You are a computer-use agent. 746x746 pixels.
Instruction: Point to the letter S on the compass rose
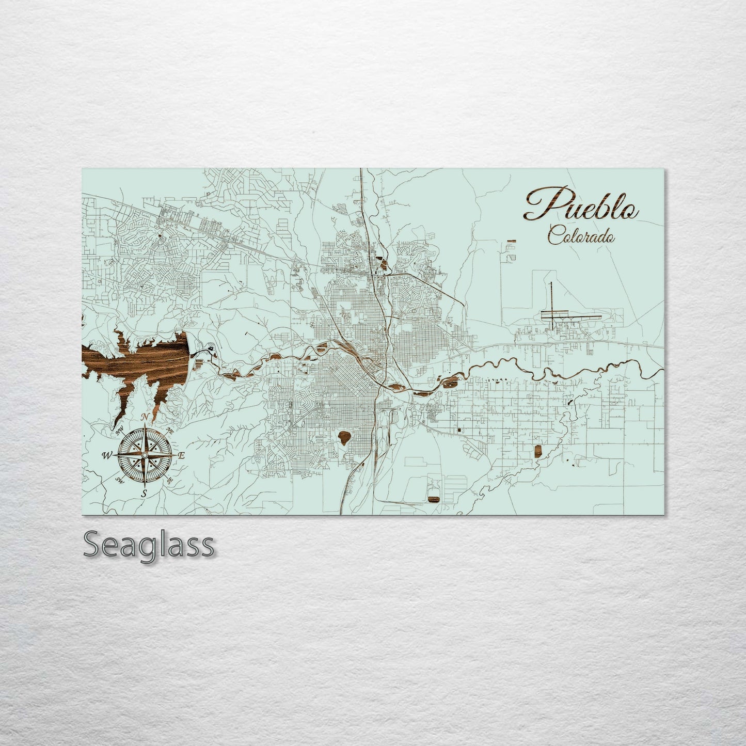(144, 493)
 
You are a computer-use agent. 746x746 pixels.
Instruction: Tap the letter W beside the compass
(107, 455)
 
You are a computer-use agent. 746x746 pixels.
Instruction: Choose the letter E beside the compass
(181, 455)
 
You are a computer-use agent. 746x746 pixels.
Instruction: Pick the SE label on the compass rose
(170, 481)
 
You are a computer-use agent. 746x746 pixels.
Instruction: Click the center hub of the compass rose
(145, 455)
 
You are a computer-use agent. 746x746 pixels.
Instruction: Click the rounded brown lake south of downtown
(344, 439)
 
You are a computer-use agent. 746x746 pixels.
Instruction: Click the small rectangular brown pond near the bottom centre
(433, 498)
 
